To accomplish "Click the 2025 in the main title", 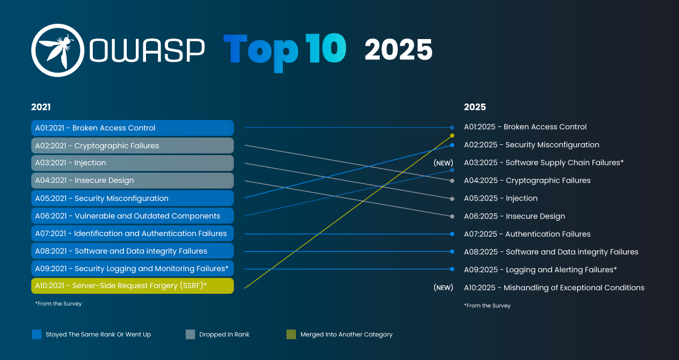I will click(x=398, y=50).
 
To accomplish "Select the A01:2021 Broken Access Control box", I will click(x=132, y=128).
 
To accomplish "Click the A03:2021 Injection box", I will click(x=132, y=163).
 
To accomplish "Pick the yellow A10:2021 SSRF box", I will click(x=132, y=286).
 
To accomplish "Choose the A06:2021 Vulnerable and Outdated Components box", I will click(x=132, y=216).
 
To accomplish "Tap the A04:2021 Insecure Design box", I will click(x=132, y=181).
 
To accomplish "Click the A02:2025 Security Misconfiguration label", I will click(x=531, y=145).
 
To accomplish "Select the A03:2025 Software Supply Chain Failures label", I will click(x=543, y=162).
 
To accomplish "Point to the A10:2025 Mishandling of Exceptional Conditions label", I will click(x=554, y=288).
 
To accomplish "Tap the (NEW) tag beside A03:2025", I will click(x=444, y=163).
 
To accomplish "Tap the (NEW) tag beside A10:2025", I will click(x=444, y=288).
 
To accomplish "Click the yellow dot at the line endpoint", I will click(x=452, y=136).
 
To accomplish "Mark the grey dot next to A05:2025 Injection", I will click(x=452, y=199).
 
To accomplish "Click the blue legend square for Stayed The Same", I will click(x=37, y=335).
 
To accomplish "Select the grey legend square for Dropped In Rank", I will click(x=191, y=335).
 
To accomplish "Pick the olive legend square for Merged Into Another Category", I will click(x=291, y=335).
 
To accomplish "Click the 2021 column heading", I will click(x=41, y=107).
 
